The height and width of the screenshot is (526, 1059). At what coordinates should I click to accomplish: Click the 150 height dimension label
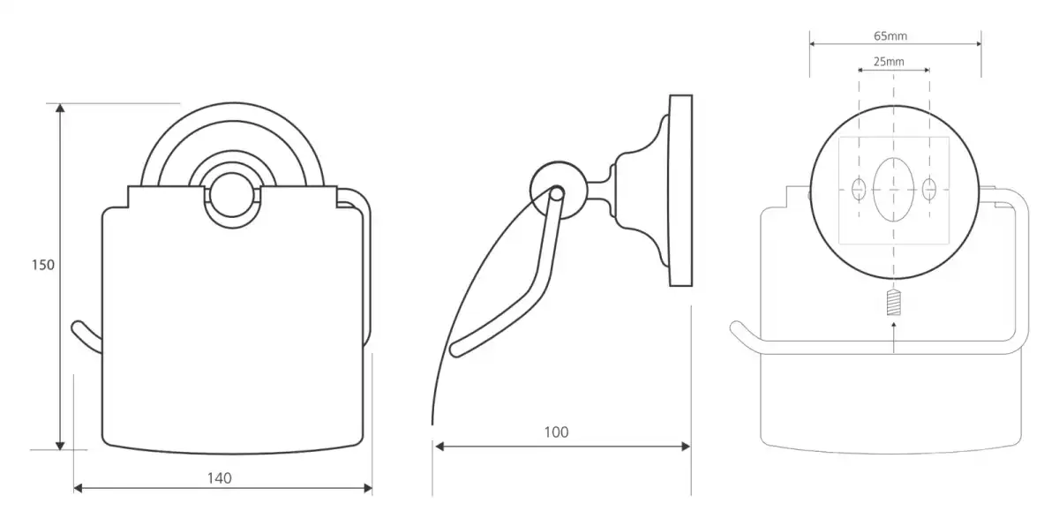[x=43, y=264]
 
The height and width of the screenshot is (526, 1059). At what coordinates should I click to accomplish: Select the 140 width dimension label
[x=219, y=477]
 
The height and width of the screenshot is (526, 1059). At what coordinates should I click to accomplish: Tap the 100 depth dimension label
[x=556, y=432]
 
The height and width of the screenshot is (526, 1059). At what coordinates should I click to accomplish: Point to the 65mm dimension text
[x=890, y=36]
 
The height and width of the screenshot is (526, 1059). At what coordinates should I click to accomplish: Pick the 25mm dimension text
[x=889, y=62]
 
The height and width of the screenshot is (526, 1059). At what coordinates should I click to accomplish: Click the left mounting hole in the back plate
[x=859, y=188]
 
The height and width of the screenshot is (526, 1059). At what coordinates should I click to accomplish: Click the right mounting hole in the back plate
[x=928, y=188]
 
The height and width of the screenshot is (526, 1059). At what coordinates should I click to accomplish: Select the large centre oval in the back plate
[x=893, y=188]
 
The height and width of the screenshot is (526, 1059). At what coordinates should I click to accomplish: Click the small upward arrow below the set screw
[x=894, y=328]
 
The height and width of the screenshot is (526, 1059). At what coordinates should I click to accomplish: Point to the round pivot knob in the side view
[x=552, y=189]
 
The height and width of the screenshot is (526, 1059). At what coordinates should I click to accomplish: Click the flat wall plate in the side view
[x=680, y=190]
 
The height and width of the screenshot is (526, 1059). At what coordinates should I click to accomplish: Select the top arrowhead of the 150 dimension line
[x=60, y=109]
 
